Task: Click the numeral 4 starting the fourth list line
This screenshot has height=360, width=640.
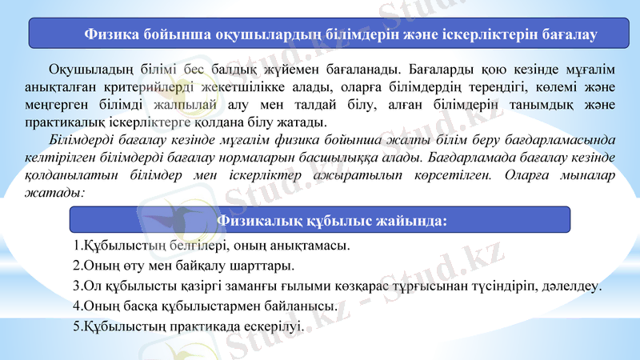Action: coord(76,306)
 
